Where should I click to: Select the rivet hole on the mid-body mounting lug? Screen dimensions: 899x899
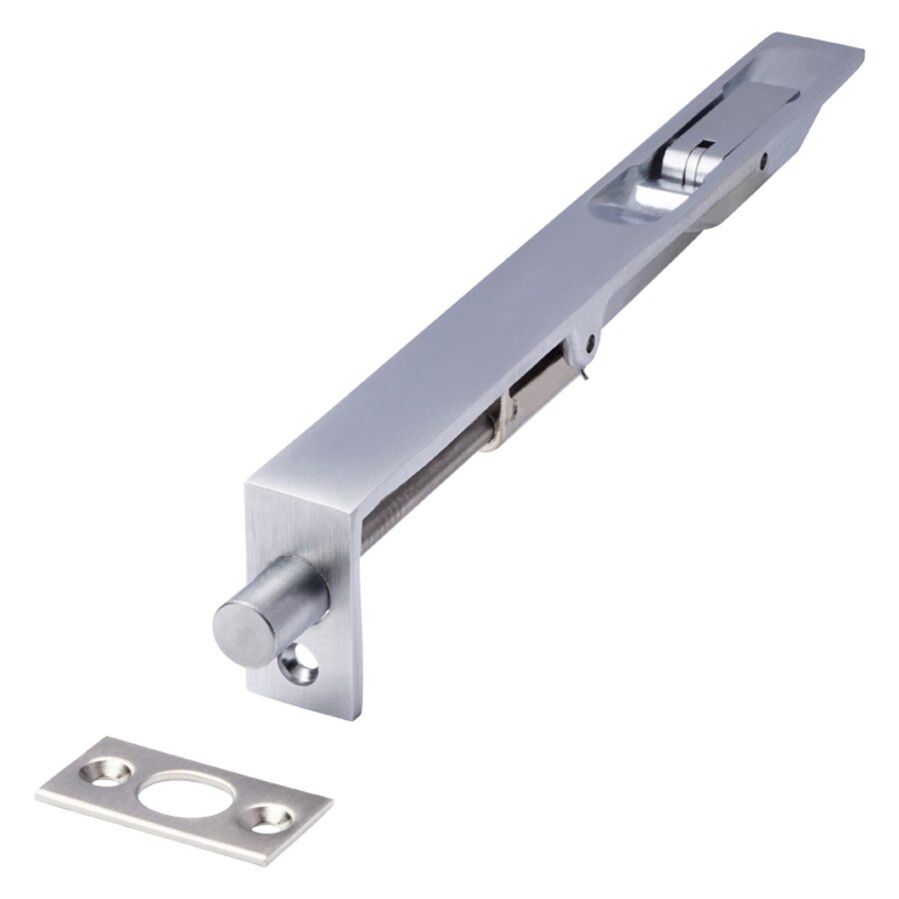click(591, 342)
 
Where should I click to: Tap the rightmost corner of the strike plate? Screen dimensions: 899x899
click(332, 801)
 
